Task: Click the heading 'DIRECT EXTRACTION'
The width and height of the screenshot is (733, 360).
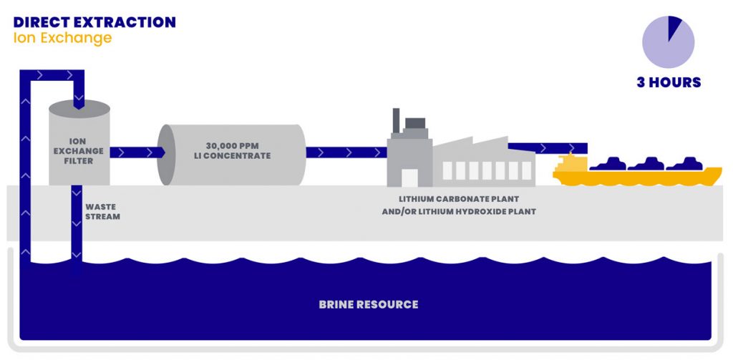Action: [94, 22]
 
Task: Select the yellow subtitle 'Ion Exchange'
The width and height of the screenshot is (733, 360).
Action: [62, 38]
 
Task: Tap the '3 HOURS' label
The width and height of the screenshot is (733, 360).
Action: [669, 82]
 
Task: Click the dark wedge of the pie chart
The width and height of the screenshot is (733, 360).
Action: [673, 29]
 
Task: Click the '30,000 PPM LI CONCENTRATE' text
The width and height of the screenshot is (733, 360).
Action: [232, 150]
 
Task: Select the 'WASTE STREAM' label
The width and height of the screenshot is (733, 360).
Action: [102, 211]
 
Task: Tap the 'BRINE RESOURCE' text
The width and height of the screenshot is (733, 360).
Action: [368, 304]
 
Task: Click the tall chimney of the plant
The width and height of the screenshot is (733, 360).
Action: [395, 125]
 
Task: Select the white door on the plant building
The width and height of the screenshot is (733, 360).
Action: [409, 177]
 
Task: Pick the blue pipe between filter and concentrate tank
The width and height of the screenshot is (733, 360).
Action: [136, 152]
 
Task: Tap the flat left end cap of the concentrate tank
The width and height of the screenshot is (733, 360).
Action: [166, 155]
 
